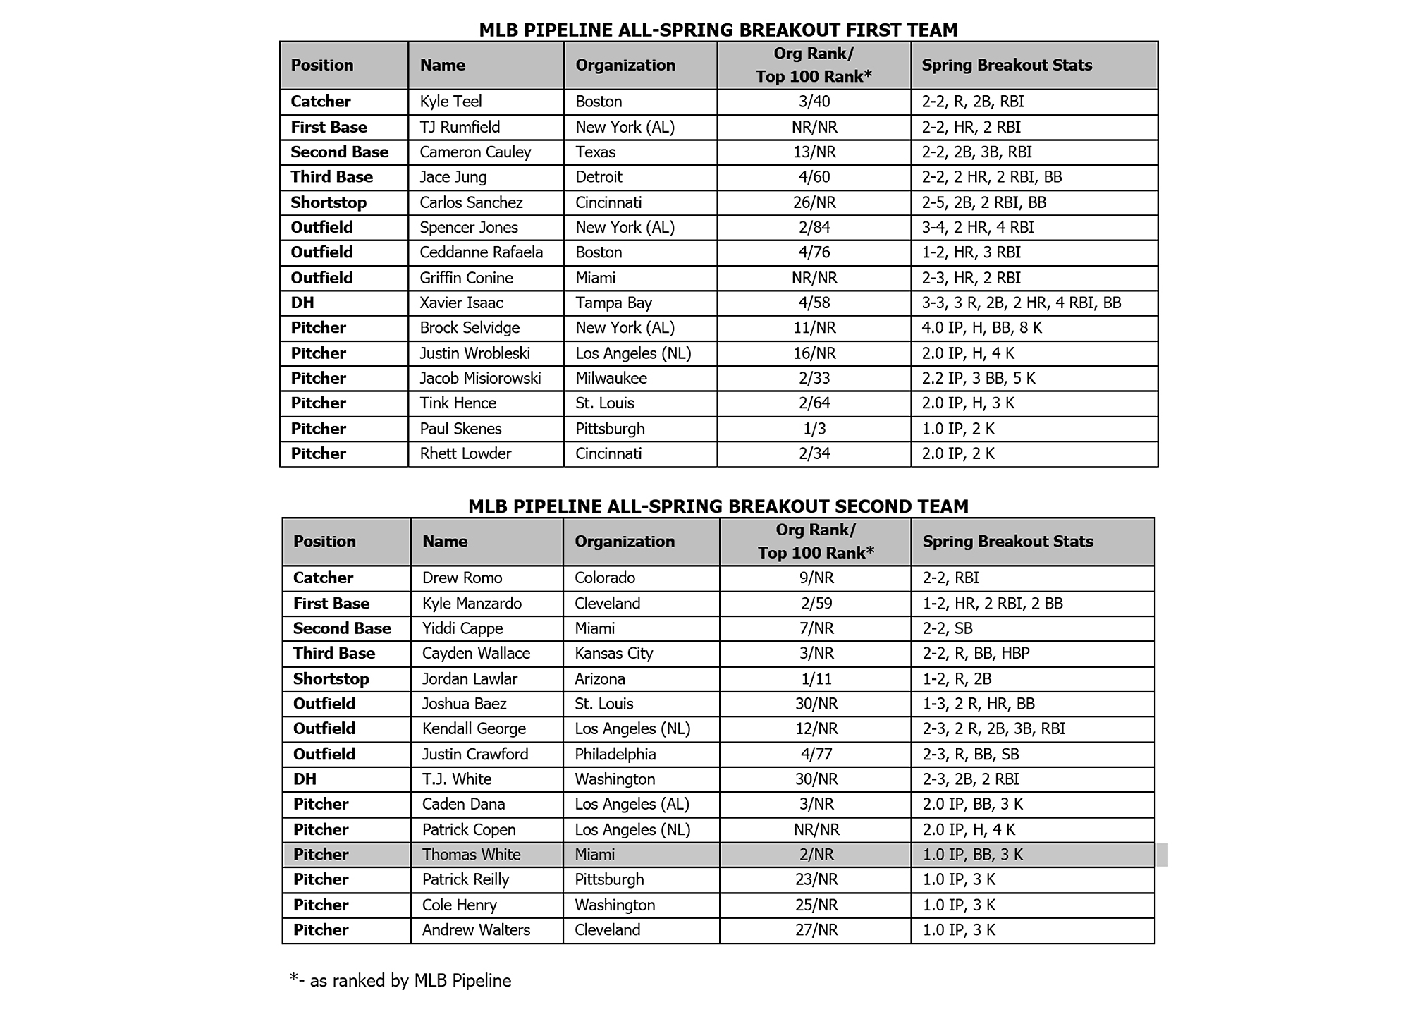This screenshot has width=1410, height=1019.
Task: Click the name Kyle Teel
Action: pyautogui.click(x=450, y=102)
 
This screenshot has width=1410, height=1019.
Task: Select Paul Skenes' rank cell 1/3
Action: pyautogui.click(x=814, y=429)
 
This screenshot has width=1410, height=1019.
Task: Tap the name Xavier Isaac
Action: pyautogui.click(x=461, y=303)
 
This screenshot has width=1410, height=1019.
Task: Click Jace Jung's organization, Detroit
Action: pyautogui.click(x=599, y=177)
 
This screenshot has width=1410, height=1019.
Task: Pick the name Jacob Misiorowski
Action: pyautogui.click(x=480, y=379)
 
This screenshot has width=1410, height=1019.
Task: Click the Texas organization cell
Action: pyautogui.click(x=595, y=152)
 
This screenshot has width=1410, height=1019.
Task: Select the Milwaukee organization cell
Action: pyautogui.click(x=611, y=379)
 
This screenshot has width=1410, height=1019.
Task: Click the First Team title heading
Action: pyautogui.click(x=718, y=30)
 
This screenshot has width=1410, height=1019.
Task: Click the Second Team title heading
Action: pyautogui.click(x=718, y=506)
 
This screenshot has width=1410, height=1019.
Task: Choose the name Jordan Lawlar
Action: pyautogui.click(x=470, y=679)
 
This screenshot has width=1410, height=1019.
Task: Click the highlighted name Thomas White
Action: pyautogui.click(x=471, y=855)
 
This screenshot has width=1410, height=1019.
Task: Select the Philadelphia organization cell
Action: pyautogui.click(x=615, y=755)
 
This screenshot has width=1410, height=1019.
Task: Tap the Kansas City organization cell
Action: pyautogui.click(x=613, y=654)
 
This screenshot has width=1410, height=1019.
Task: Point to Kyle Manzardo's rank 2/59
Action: pyautogui.click(x=816, y=604)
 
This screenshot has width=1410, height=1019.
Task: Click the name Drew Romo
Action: pyautogui.click(x=462, y=578)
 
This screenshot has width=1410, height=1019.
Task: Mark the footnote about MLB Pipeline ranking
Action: pyautogui.click(x=400, y=981)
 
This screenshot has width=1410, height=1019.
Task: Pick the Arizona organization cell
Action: pyautogui.click(x=599, y=679)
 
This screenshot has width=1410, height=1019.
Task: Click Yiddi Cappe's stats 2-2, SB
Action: pyautogui.click(x=947, y=628)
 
